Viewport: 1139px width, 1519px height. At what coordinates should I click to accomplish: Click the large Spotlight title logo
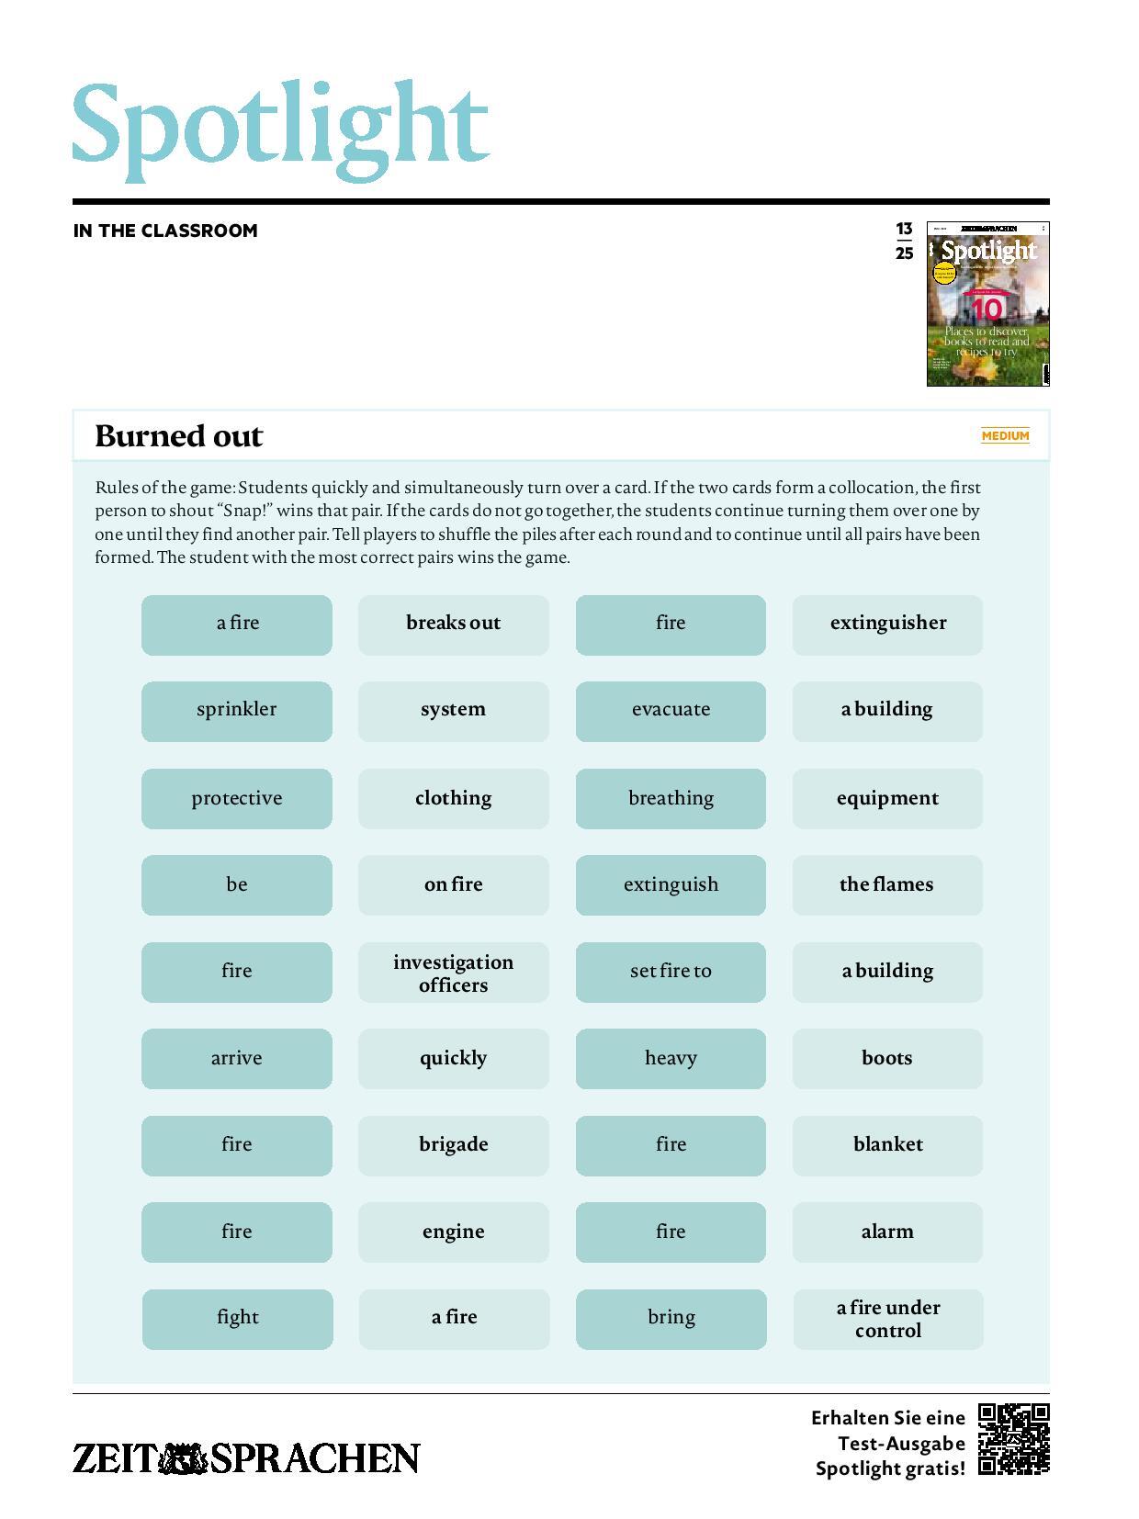(280, 131)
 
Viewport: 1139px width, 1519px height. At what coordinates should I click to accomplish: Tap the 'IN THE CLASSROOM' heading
(165, 231)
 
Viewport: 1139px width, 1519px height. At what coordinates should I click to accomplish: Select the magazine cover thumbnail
(987, 304)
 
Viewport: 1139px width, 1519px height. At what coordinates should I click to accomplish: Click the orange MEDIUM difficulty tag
(1005, 435)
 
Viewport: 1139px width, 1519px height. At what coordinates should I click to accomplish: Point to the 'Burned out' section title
(179, 435)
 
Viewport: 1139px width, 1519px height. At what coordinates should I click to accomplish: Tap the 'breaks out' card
(453, 624)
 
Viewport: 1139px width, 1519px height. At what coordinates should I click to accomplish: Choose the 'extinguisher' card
(887, 624)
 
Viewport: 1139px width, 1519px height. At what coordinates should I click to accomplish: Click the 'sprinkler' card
(236, 711)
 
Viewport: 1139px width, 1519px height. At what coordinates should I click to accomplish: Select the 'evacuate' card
(671, 711)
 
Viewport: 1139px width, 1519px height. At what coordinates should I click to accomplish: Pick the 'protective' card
(236, 798)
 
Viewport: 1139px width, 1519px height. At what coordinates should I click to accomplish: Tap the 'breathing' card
(671, 798)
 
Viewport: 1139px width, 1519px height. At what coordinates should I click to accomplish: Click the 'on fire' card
(453, 884)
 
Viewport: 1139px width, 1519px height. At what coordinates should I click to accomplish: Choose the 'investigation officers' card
(453, 972)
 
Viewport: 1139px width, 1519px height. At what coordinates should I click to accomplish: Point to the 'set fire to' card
(671, 972)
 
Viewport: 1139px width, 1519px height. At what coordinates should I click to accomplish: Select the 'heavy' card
(671, 1058)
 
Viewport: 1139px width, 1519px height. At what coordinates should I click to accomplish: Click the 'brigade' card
(453, 1145)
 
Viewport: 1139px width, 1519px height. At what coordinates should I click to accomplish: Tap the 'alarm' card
(887, 1232)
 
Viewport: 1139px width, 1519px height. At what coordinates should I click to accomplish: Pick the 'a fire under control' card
(887, 1319)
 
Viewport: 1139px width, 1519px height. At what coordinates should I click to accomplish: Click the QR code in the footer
(1013, 1438)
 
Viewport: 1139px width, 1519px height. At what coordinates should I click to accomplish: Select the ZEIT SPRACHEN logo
(246, 1458)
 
